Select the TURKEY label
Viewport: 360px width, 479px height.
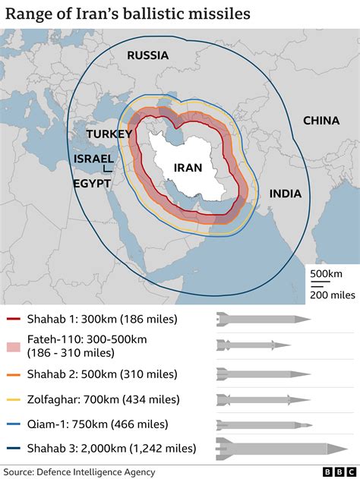point(109,134)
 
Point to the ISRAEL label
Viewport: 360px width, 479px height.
point(94,159)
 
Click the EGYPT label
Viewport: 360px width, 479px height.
point(92,184)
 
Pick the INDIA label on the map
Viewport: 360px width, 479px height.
point(285,194)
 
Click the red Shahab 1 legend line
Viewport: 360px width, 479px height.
point(14,319)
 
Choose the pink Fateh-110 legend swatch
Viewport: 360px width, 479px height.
point(14,345)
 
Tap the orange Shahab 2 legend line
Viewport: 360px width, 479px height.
point(14,373)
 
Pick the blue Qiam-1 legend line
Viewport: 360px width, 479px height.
point(14,424)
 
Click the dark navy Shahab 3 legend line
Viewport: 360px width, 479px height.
point(14,449)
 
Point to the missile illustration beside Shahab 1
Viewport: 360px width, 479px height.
point(263,319)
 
